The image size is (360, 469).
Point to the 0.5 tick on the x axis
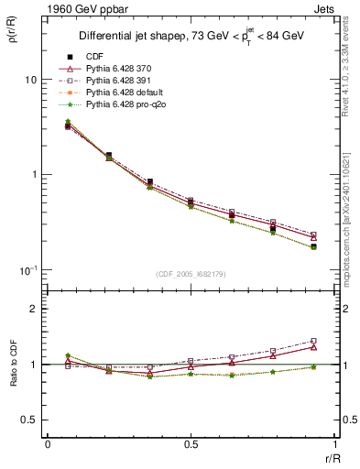pos(191,443)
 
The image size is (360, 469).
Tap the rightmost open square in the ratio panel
pos(313,341)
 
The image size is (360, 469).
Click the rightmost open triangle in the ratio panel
pos(313,347)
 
